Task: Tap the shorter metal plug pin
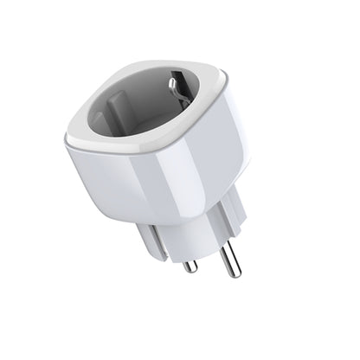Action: [187, 256]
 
